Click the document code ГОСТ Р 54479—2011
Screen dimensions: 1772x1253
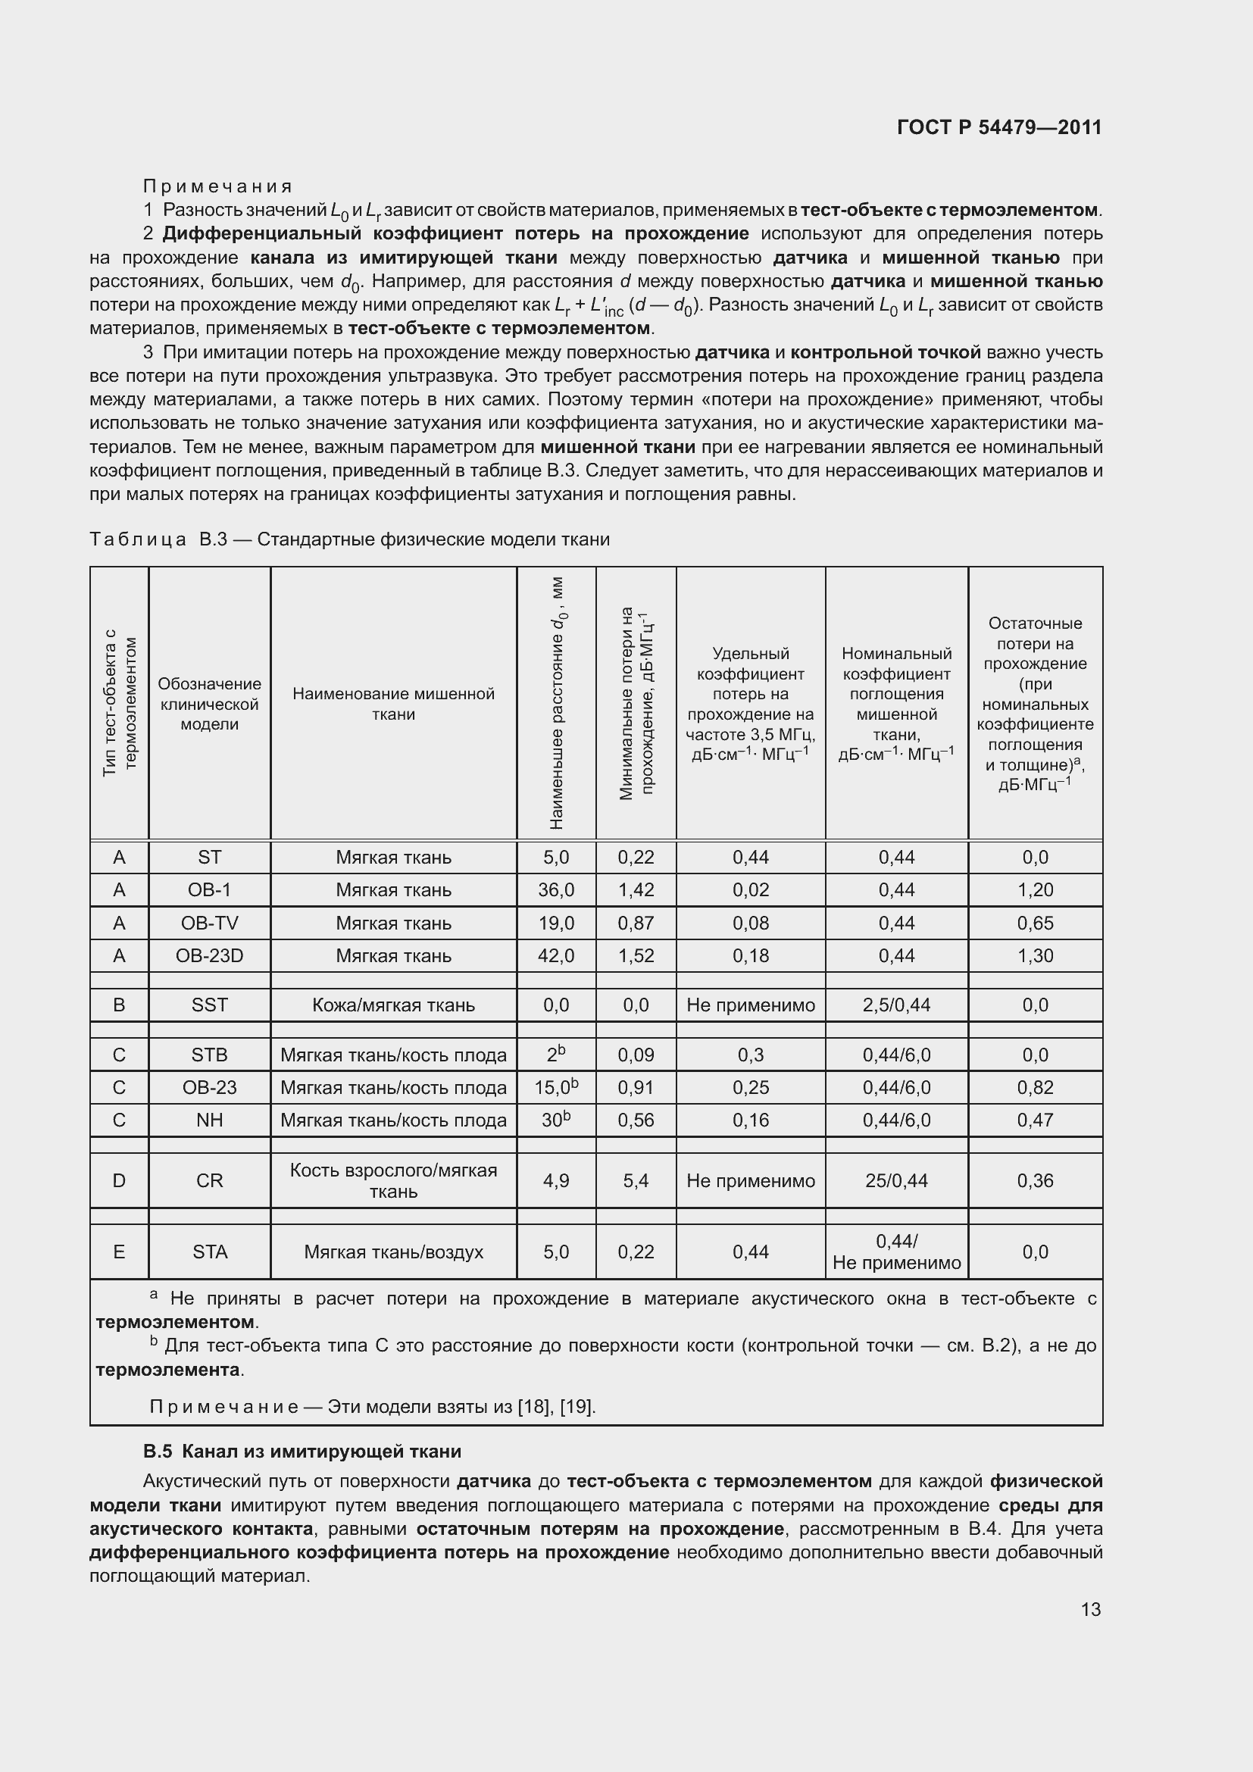tap(999, 127)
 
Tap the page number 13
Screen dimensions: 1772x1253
tap(1090, 1609)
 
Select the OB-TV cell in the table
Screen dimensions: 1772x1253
tap(209, 923)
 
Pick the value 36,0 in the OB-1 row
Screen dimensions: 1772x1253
tap(555, 890)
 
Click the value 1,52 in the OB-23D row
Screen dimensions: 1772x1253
tap(636, 955)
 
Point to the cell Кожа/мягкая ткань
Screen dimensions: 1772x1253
tap(392, 1005)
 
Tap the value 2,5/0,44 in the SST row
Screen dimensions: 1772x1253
tap(895, 1005)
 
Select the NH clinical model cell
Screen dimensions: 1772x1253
tap(209, 1120)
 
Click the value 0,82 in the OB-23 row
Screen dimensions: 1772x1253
tap(1035, 1087)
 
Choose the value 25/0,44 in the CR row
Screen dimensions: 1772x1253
tap(895, 1180)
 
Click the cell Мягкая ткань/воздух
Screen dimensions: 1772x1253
tap(392, 1252)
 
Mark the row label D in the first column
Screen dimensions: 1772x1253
tap(119, 1180)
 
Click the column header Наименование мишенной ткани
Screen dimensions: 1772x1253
tap(392, 704)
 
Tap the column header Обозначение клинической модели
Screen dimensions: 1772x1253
tap(209, 704)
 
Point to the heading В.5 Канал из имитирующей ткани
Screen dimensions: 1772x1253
tap(302, 1451)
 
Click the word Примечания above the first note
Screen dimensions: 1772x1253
tap(217, 186)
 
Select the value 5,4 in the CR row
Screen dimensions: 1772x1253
tap(636, 1180)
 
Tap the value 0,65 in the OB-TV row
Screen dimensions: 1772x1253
tap(1035, 923)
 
